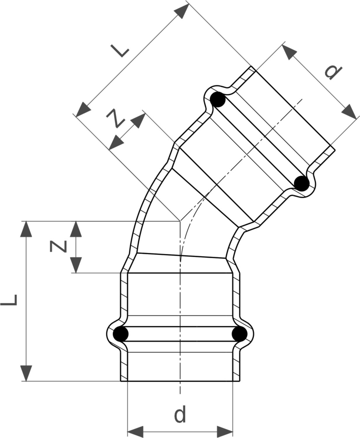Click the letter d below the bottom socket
tap(180, 415)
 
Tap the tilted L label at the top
tap(120, 51)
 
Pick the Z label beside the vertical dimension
tap(58, 246)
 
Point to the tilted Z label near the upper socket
tap(115, 119)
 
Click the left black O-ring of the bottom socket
tap(121, 334)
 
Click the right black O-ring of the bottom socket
tap(240, 334)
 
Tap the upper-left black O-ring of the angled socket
tap(218, 100)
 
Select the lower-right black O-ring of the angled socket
tap(302, 184)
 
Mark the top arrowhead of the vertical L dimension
tap(26, 229)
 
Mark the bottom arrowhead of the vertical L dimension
tap(26, 373)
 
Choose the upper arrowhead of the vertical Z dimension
tap(76, 229)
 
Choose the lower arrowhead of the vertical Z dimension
tap(76, 265)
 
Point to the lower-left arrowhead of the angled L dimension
tap(83, 109)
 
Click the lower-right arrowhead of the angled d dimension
tap(349, 112)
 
